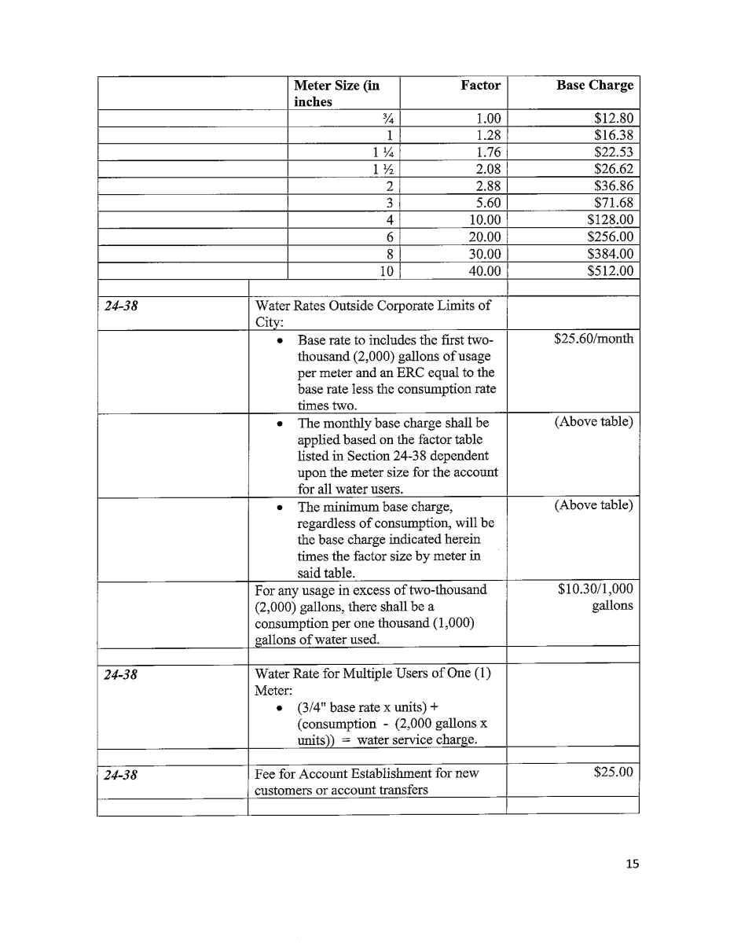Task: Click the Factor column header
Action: tap(480, 86)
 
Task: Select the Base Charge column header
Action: tap(594, 86)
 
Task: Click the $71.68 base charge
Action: tap(614, 204)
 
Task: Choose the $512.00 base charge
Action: tap(610, 271)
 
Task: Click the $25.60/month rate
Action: tap(593, 339)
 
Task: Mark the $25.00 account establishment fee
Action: tap(614, 772)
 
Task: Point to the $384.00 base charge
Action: tap(610, 254)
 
